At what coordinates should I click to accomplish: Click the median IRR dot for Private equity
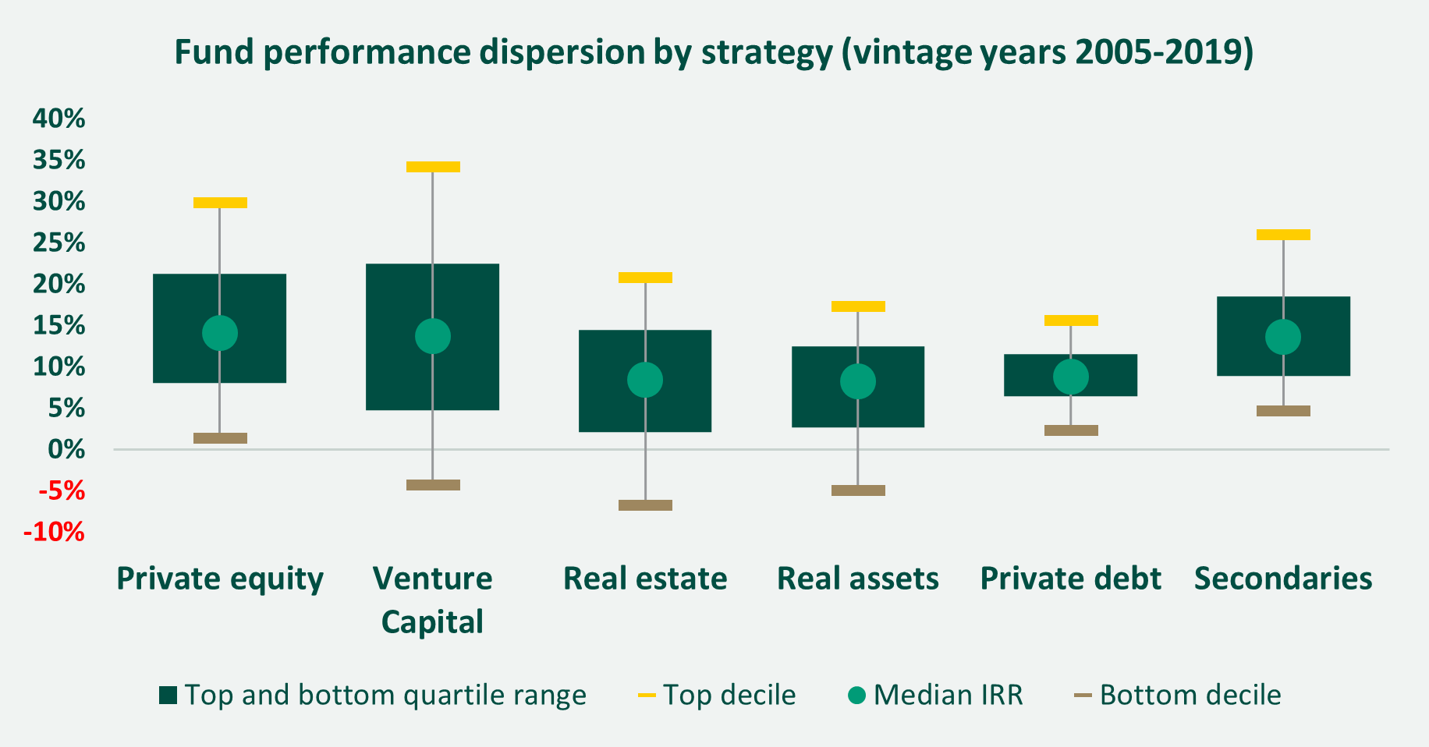coord(220,333)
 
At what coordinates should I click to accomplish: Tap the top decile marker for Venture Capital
coord(433,167)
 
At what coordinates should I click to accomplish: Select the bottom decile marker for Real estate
coord(645,505)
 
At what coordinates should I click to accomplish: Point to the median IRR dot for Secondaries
coord(1283,337)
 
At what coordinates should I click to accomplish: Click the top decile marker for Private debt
coord(1071,320)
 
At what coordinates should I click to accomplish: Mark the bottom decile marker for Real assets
coord(858,490)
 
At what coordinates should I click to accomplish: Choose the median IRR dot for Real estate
coord(645,380)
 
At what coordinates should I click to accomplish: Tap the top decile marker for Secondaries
coord(1283,235)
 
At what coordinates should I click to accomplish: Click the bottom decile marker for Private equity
coord(220,438)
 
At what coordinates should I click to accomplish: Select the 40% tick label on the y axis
coord(59,119)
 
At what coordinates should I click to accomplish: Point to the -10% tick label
coord(54,533)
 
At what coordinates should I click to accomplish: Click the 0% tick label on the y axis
coord(66,449)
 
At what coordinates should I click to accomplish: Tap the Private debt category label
coord(1071,579)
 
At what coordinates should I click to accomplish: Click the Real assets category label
coord(858,579)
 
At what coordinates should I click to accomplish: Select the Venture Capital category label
coord(433,600)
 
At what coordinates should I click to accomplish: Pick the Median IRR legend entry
coord(935,695)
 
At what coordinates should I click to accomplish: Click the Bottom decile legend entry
coord(1178,695)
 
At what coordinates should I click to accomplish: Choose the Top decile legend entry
coord(717,695)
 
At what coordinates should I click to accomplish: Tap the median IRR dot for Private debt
coord(1071,377)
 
